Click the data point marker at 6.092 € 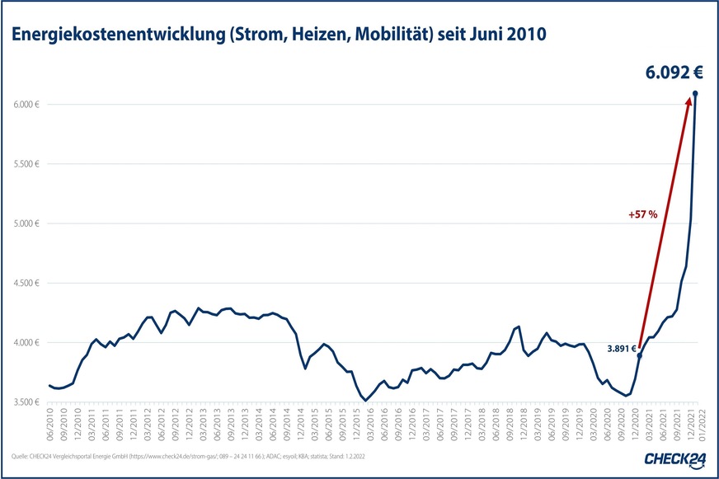click(695, 93)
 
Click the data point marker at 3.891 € click(639, 355)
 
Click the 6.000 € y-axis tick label click(26, 105)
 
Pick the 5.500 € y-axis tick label click(26, 164)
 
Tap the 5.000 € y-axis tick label click(26, 223)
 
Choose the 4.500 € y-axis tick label click(26, 283)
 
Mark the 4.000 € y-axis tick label click(26, 342)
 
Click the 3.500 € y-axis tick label click(26, 402)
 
